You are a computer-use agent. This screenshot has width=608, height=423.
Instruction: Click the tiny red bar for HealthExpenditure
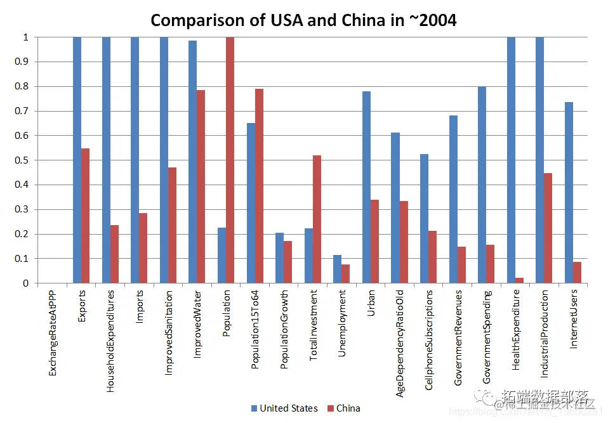[x=519, y=280]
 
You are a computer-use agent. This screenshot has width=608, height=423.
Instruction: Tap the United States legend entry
[x=284, y=408]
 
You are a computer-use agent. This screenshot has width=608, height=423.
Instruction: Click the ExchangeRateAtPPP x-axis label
[x=53, y=333]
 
